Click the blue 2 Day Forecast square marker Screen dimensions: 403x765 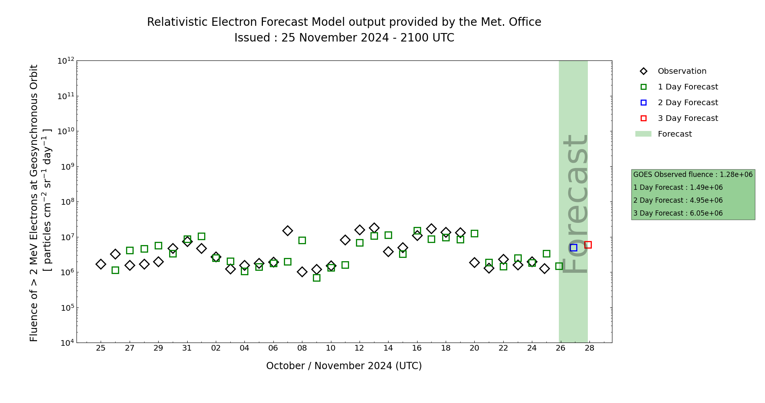coord(573,247)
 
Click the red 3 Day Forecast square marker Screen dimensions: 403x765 coord(588,245)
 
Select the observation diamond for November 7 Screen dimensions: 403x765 coord(287,231)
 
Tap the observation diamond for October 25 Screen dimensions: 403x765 coord(101,264)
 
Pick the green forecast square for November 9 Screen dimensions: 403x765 coord(316,278)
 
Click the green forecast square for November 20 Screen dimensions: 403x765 coord(474,233)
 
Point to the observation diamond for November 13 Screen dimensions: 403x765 coord(374,228)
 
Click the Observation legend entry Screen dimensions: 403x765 coord(682,71)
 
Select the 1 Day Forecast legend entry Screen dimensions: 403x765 coord(687,87)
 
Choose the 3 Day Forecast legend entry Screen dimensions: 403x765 coord(687,118)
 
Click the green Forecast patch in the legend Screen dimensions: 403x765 coord(643,134)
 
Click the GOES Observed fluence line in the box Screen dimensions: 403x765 coord(693,174)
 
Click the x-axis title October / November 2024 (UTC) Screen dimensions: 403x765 coord(344,366)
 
